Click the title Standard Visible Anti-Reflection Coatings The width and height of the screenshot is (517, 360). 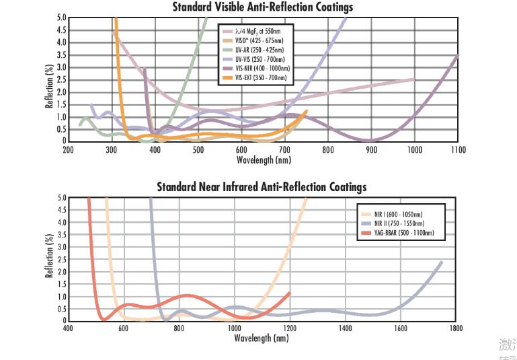tap(262, 7)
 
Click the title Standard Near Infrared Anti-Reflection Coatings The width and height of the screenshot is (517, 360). tap(262, 186)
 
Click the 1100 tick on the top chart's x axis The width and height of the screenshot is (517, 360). tap(458, 150)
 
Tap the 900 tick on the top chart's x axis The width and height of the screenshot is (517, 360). tap(371, 150)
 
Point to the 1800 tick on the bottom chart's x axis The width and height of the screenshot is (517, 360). tap(456, 329)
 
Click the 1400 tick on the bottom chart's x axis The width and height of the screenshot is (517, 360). tap(345, 329)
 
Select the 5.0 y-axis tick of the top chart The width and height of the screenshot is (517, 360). tap(61, 17)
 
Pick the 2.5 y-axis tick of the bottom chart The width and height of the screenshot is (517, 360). tap(61, 260)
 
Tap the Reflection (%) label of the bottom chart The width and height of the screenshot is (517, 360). tap(48, 259)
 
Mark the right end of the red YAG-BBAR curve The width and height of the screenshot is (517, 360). tap(290, 293)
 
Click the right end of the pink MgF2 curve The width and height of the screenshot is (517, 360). tap(413, 79)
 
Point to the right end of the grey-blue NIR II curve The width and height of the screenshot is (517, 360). tap(442, 262)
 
